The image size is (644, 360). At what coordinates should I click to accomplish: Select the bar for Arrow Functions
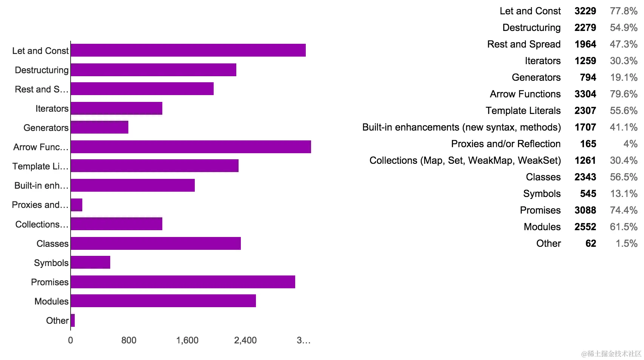[191, 147]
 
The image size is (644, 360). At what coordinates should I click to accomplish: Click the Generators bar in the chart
[100, 128]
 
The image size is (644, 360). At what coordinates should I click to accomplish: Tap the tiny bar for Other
[73, 320]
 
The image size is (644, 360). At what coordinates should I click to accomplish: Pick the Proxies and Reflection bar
[77, 205]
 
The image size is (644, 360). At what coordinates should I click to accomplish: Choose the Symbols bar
[91, 262]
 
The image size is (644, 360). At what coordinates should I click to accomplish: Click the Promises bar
[183, 282]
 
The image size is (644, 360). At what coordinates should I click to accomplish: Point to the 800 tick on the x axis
[129, 340]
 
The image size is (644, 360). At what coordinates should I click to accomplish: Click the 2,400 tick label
[245, 340]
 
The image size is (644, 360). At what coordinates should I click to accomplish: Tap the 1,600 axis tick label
[187, 340]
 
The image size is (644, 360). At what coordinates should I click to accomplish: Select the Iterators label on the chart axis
[52, 109]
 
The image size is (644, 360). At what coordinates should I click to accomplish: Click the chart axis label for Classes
[52, 244]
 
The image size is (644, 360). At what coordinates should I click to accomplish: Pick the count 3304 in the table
[585, 94]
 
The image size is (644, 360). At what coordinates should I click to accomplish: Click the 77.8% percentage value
[624, 11]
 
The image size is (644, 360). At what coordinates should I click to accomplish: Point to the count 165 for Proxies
[588, 144]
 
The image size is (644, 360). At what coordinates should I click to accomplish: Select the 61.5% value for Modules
[624, 227]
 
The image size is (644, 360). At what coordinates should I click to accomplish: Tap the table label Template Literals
[523, 111]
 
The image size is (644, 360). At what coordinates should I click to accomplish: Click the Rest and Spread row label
[524, 44]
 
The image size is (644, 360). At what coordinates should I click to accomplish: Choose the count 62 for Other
[591, 243]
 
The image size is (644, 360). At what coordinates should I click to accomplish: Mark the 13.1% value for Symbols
[624, 194]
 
